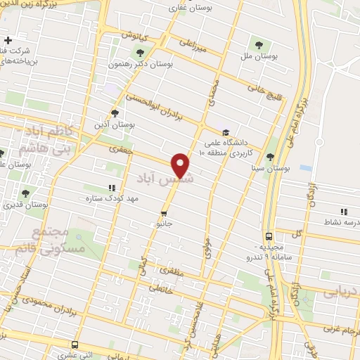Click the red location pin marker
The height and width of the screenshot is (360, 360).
coord(181,165)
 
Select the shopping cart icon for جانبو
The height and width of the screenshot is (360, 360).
coord(164,212)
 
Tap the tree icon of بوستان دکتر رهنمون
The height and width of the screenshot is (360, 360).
coord(140,52)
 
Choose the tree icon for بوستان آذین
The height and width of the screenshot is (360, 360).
coord(115,112)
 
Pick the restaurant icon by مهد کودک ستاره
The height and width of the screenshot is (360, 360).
coord(111,188)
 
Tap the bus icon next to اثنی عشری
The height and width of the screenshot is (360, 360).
coord(75,345)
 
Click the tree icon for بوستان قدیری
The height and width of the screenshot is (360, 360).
coord(25,193)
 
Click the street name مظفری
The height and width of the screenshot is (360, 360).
coord(174,269)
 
